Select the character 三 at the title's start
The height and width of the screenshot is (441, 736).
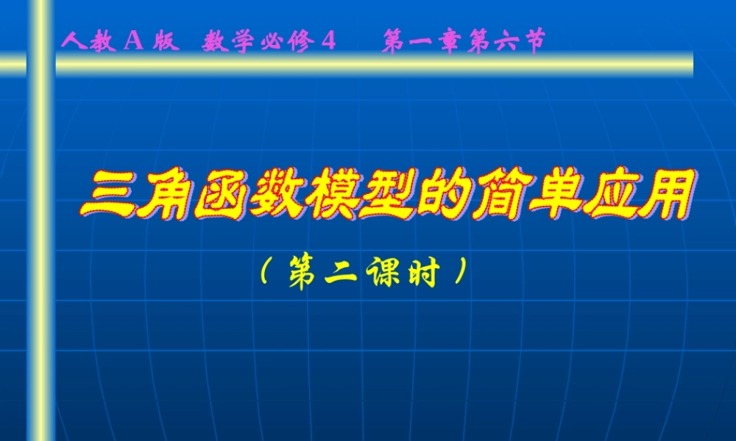[108, 196]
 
